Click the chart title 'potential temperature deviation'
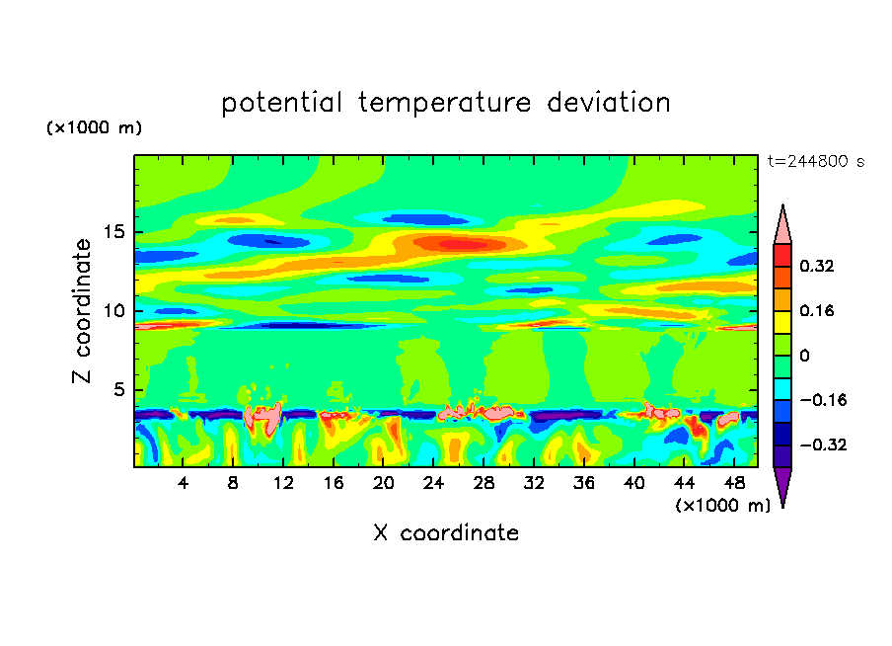click(x=445, y=103)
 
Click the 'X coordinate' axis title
click(x=446, y=533)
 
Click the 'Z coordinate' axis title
click(x=83, y=311)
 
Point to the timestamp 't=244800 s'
click(x=815, y=162)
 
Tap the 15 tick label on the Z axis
click(x=111, y=233)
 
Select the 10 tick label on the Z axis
click(x=111, y=311)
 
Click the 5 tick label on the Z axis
click(x=115, y=389)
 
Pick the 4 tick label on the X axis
click(x=184, y=484)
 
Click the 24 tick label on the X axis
click(x=433, y=484)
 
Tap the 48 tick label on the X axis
click(x=733, y=484)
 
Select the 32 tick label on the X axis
click(x=534, y=484)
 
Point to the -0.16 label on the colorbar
click(x=823, y=400)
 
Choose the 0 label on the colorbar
click(x=805, y=356)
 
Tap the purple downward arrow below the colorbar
click(x=782, y=486)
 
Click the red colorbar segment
click(x=782, y=254)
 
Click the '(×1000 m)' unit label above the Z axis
click(x=94, y=128)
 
